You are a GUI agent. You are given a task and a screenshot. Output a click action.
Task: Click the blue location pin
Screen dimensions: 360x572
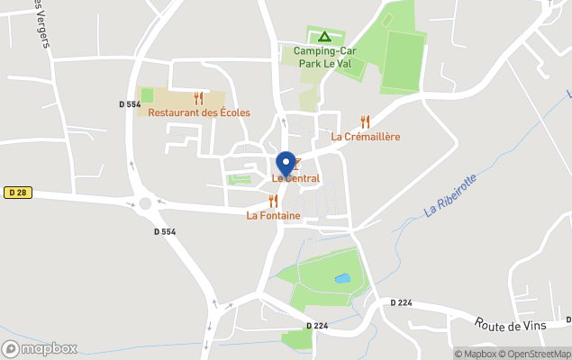[x=286, y=164]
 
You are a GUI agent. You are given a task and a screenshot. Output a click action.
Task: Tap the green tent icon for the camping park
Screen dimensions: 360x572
[x=324, y=37]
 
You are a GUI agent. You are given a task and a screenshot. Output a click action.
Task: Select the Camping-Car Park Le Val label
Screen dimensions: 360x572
[x=324, y=57]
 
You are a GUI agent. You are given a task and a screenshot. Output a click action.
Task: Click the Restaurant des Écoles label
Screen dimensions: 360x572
[x=199, y=112]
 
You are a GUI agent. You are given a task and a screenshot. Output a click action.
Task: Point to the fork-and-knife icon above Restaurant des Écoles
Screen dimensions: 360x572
[x=199, y=98]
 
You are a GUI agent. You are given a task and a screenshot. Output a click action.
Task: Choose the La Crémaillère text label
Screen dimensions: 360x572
[x=365, y=137]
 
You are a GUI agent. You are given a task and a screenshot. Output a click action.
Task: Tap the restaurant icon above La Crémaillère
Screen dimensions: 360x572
[x=365, y=121]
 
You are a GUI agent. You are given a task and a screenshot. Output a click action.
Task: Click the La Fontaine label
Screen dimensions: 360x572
[x=273, y=216]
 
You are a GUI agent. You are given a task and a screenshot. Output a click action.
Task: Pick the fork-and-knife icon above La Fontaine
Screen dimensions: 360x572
[x=273, y=201]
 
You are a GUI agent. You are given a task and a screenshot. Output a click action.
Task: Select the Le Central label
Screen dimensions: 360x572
[x=295, y=179]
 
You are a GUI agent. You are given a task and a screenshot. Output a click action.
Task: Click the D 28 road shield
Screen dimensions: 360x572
[x=16, y=193]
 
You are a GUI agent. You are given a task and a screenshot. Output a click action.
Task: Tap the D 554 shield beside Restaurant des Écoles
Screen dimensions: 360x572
[x=130, y=104]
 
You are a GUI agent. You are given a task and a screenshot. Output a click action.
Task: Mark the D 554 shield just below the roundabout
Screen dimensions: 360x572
[x=164, y=231]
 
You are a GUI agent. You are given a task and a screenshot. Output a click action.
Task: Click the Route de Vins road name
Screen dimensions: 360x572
[x=506, y=325]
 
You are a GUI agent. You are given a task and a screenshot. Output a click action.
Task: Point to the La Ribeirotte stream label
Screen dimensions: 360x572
[x=449, y=197]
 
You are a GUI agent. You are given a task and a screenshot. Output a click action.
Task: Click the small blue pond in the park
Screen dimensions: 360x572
[x=342, y=278]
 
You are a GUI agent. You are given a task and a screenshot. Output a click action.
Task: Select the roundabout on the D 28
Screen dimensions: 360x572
[x=146, y=203]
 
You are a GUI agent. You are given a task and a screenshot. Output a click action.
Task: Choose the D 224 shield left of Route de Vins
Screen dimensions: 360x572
[x=401, y=302]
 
